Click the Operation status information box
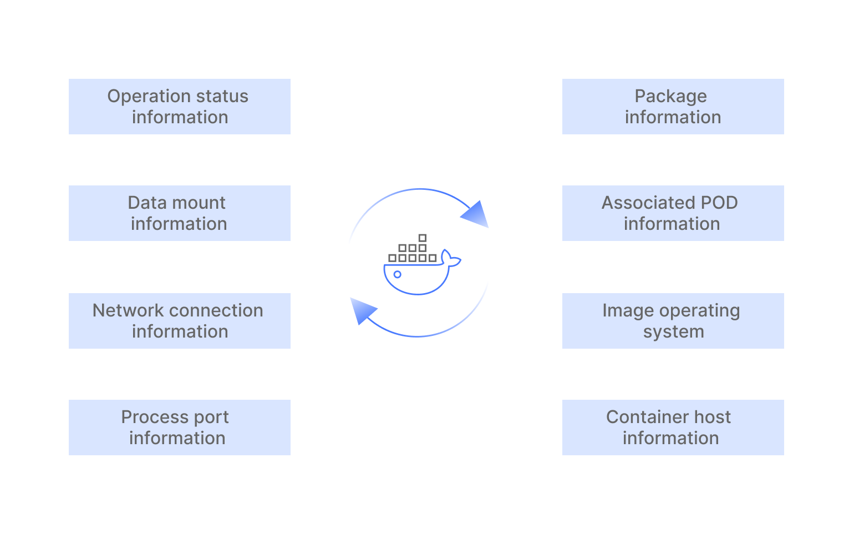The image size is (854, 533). point(179,107)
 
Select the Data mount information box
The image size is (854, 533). point(179,213)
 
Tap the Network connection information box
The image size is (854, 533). point(179,321)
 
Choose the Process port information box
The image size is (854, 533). point(179,428)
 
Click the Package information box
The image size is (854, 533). point(673,107)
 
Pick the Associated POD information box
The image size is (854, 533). point(673,213)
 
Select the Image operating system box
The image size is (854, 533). point(673,321)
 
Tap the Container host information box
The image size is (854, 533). point(673,428)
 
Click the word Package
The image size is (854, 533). point(670,97)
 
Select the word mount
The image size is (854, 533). point(200,203)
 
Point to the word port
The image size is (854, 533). point(211,418)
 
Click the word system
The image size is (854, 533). point(673,332)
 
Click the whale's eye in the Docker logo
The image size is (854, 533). point(397,274)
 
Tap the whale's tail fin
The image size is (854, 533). point(451,260)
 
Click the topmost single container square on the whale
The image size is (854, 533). point(423,238)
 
